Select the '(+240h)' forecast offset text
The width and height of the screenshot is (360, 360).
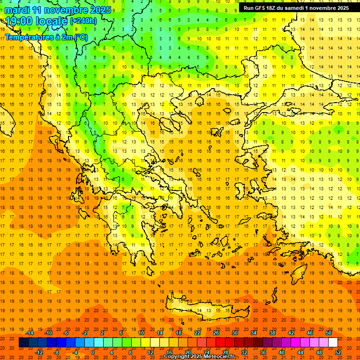coord(83,21)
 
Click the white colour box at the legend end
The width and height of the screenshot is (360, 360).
coord(333,343)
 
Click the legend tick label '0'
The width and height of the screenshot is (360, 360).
coord(93,352)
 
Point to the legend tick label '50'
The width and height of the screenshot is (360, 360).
coord(328,333)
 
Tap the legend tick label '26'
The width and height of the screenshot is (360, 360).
coord(216,333)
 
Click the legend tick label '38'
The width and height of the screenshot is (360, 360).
coord(272,333)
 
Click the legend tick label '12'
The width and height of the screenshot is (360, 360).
coord(150,352)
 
